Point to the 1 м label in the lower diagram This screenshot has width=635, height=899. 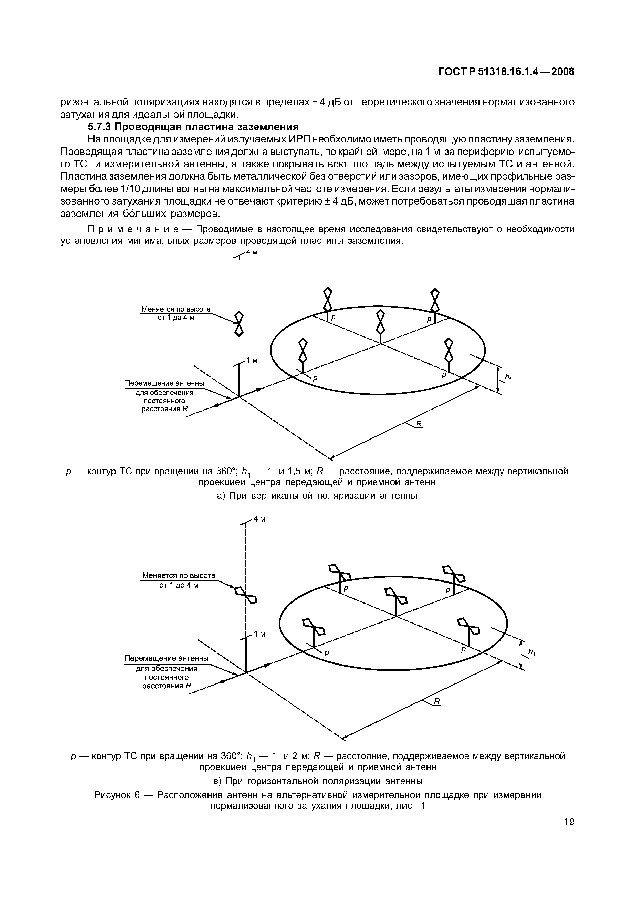(259, 634)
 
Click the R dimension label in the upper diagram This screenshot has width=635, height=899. (418, 424)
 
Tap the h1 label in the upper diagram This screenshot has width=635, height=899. (508, 377)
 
